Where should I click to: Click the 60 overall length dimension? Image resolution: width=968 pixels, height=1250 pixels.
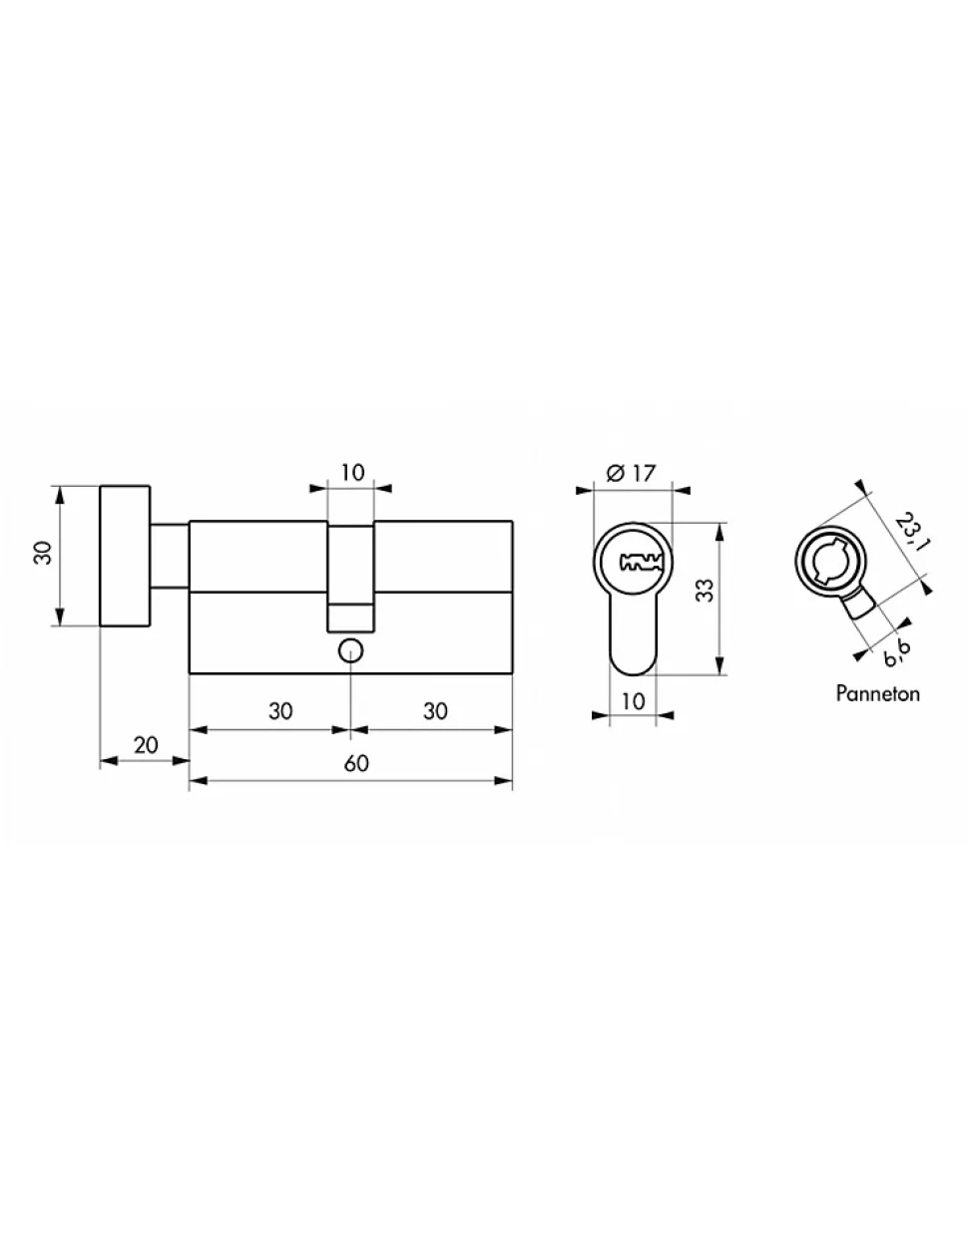click(x=356, y=763)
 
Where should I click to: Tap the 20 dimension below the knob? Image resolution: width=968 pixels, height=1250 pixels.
click(x=146, y=745)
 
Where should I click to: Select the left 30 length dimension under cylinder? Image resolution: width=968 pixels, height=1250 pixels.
click(x=280, y=711)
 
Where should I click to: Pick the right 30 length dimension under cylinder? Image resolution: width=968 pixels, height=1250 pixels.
click(x=435, y=711)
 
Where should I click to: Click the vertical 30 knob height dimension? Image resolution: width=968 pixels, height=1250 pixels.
click(x=43, y=553)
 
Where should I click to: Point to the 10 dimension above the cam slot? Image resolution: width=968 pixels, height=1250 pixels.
click(x=352, y=472)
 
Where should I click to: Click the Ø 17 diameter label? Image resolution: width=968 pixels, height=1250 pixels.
click(x=631, y=473)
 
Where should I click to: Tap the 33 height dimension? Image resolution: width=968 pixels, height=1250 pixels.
click(x=705, y=590)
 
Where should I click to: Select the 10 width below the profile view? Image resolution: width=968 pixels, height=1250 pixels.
click(x=634, y=701)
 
